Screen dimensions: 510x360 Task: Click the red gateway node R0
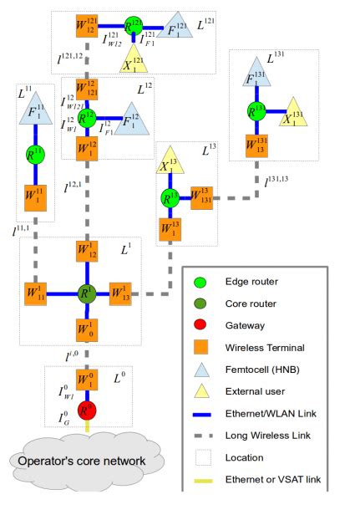tap(84, 411)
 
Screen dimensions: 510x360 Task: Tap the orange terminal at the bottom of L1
tap(84, 327)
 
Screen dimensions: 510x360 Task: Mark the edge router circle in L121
tap(131, 27)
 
